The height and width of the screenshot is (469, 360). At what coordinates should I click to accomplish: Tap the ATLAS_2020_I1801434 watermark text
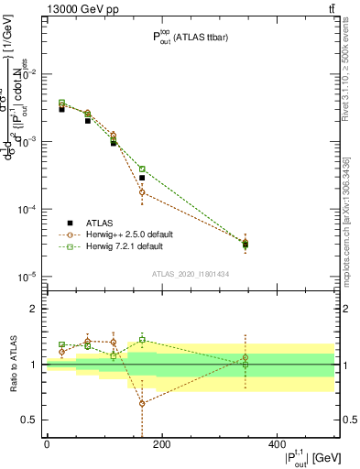(190, 274)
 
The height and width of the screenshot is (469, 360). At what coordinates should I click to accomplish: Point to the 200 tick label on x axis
(161, 443)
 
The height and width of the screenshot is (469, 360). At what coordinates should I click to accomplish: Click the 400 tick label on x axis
(277, 443)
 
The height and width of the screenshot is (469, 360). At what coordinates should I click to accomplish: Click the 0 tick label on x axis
(47, 443)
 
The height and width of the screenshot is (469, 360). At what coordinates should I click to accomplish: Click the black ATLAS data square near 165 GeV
(142, 178)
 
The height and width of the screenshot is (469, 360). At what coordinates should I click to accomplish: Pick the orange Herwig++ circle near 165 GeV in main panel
(142, 192)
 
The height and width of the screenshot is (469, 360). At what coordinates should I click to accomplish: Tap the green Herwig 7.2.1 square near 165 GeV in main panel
(142, 169)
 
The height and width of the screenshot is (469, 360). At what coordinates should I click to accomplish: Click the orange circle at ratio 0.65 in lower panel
(142, 403)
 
